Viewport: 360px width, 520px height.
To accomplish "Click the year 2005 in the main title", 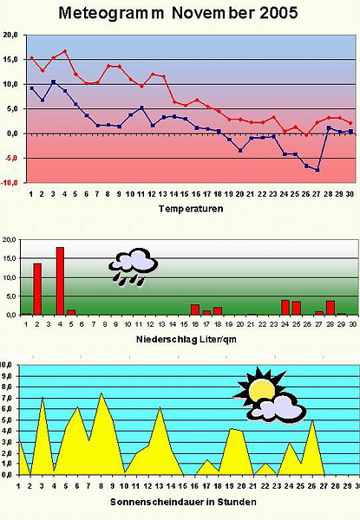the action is (x=278, y=13).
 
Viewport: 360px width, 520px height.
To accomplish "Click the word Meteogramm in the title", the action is (x=111, y=14).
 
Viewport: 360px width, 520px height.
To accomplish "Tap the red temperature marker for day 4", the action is (x=65, y=51).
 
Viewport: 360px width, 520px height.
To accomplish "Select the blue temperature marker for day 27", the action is (x=317, y=170).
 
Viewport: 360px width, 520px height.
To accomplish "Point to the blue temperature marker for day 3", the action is (x=54, y=81).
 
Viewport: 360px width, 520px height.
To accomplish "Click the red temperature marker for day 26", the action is (x=306, y=135).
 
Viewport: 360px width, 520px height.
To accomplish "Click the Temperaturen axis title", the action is (x=191, y=209).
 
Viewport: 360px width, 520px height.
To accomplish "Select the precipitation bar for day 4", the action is (x=60, y=281).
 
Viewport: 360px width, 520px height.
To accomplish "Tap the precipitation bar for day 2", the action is (x=37, y=289).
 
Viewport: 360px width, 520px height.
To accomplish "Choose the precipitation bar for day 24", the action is (x=285, y=308).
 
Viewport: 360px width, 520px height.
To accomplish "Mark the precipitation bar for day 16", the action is (x=195, y=309).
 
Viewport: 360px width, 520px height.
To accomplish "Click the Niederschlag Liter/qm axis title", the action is (x=187, y=339).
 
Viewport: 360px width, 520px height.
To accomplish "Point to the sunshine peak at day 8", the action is (x=101, y=393).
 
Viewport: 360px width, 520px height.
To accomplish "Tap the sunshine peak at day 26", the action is (x=312, y=420).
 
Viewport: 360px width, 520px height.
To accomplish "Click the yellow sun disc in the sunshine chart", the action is (x=262, y=390).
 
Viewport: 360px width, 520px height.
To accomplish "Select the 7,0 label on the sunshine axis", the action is (x=6, y=398).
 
